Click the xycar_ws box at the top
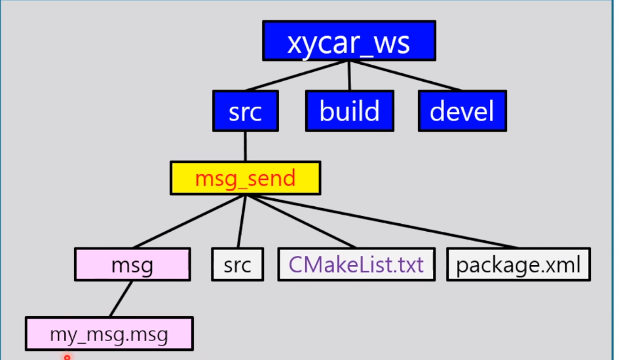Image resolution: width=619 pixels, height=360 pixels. coord(348,41)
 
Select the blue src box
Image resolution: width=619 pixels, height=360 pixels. coord(246,111)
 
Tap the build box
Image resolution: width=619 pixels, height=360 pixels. coord(350,111)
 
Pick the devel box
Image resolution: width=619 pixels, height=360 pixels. coord(462,111)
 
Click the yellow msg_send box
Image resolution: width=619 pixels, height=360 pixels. coord(245,178)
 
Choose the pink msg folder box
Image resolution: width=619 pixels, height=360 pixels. coord(132,264)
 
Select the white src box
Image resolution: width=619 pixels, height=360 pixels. coord(237,264)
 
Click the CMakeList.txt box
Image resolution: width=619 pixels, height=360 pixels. coord(356,264)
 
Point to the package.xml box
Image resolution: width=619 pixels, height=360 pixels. coord(518,264)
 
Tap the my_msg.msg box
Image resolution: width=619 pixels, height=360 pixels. coord(109,334)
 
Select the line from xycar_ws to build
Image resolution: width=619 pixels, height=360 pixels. coord(349,75)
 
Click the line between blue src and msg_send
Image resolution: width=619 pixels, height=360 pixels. coord(245,146)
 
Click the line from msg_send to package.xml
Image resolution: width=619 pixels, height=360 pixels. coord(380,221)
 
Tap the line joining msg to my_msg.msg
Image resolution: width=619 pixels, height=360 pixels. coord(121,299)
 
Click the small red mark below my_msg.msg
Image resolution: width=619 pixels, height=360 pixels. coord(66,357)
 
